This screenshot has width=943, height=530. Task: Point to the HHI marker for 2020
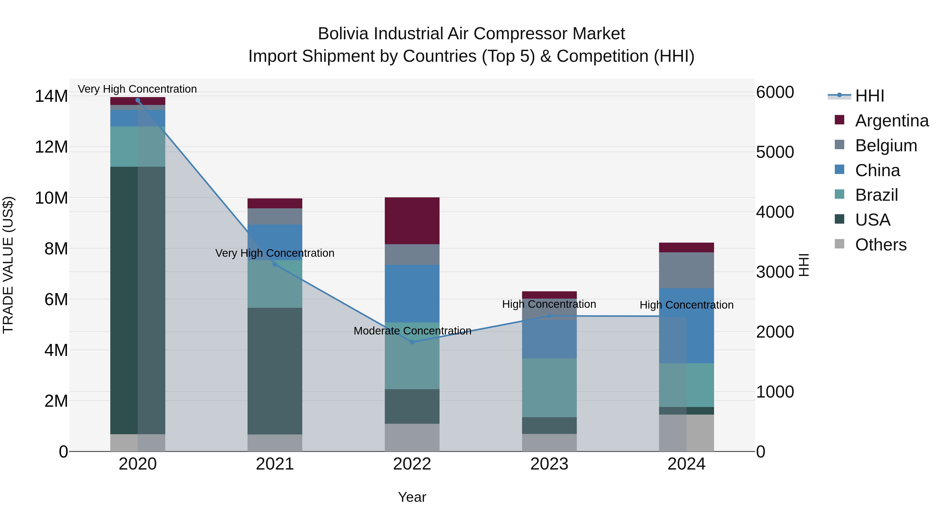pos(138,100)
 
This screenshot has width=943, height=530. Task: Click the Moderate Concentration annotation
pos(412,331)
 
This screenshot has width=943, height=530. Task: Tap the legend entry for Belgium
pos(886,145)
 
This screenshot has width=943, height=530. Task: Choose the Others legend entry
pos(880,244)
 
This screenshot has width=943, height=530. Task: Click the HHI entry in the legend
pos(869,96)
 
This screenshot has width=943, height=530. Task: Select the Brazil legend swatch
pos(840,194)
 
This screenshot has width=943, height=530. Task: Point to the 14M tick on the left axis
pos(51,96)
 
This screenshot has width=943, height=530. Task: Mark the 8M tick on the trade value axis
pos(56,249)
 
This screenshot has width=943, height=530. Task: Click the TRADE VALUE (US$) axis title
pos(8,265)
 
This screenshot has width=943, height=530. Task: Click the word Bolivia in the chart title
pos(344,34)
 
